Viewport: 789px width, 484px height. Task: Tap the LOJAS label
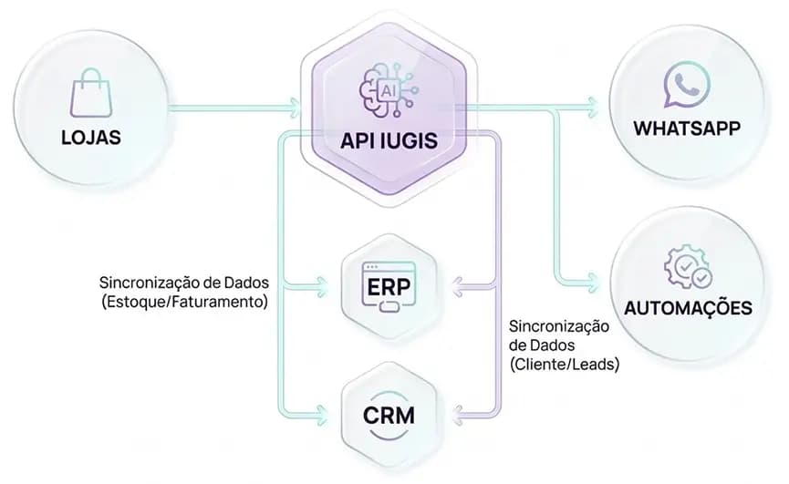pos(91,139)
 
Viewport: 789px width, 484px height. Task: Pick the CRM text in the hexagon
pos(389,417)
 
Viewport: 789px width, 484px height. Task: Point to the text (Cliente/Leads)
pos(564,365)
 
